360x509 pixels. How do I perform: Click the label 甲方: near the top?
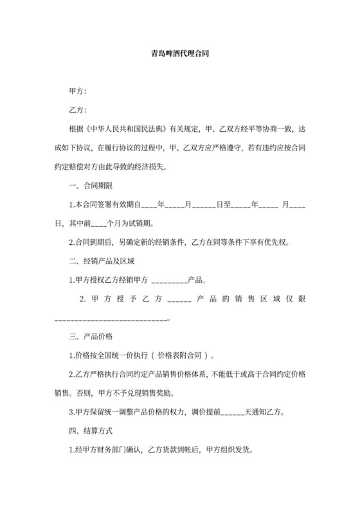click(x=78, y=91)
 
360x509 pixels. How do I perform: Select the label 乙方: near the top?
click(x=78, y=110)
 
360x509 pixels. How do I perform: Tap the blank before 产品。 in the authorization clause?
click(x=168, y=281)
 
